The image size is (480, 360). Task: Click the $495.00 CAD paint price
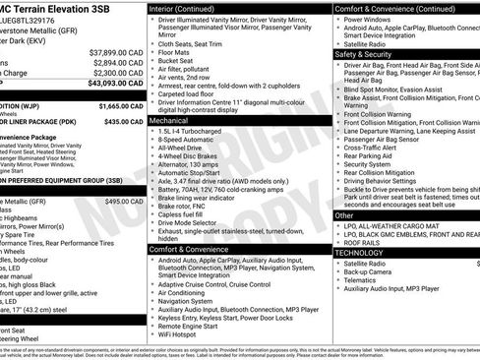click(x=124, y=201)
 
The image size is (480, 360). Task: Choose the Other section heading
click(x=344, y=214)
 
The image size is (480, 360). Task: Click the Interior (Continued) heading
click(x=189, y=8)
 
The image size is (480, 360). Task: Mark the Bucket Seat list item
click(x=178, y=61)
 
